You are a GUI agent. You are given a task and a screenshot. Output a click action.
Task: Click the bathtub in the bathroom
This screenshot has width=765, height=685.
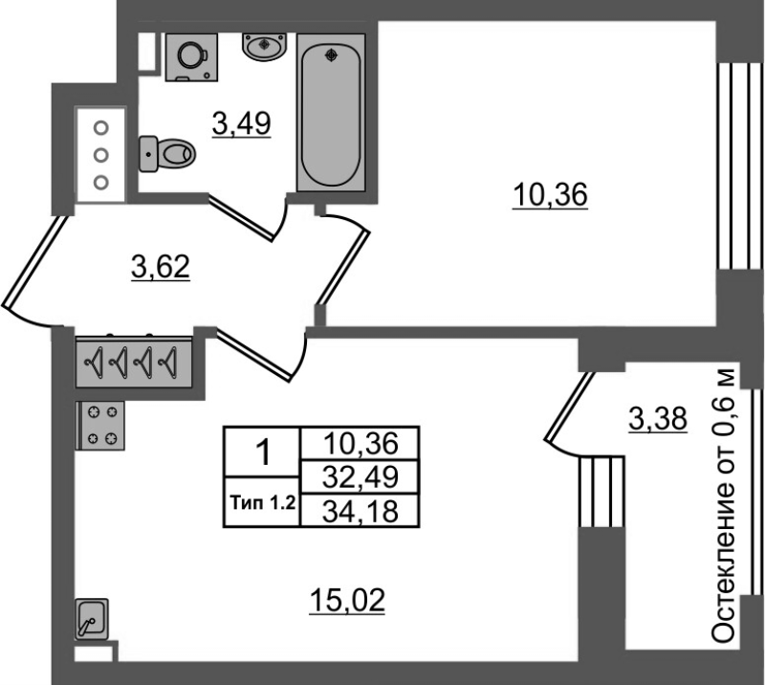pyautogui.click(x=331, y=112)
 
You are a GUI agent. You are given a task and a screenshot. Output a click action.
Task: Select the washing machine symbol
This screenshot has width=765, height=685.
pyautogui.click(x=191, y=56)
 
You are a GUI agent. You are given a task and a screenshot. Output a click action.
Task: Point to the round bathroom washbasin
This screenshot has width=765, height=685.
pyautogui.click(x=265, y=47)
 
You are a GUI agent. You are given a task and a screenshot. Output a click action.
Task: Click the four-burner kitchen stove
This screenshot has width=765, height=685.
pyautogui.click(x=100, y=426)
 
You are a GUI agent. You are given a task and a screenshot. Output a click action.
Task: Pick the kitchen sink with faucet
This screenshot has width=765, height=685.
pyautogui.click(x=91, y=619)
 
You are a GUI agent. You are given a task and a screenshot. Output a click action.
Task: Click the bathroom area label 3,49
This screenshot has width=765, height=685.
pyautogui.click(x=242, y=123)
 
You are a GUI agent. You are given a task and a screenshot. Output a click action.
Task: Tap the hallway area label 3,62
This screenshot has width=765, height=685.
pyautogui.click(x=161, y=267)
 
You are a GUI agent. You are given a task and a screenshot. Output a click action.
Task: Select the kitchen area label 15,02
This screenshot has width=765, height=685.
pyautogui.click(x=347, y=601)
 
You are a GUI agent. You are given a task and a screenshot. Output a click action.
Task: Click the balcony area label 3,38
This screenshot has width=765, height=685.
pyautogui.click(x=658, y=419)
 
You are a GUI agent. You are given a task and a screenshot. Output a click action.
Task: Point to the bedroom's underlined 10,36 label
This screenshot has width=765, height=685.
pyautogui.click(x=550, y=195)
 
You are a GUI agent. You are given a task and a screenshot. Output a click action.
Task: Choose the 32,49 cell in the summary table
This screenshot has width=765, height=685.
pyautogui.click(x=361, y=477)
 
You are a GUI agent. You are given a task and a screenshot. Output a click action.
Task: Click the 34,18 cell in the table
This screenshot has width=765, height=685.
pyautogui.click(x=361, y=511)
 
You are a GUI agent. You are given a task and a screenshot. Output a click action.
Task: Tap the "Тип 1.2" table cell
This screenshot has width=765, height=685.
pyautogui.click(x=262, y=502)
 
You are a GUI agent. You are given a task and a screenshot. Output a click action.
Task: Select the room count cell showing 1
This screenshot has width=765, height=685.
pyautogui.click(x=262, y=453)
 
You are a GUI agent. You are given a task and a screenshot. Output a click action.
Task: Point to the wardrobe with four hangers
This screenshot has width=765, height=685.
pyautogui.click(x=134, y=363)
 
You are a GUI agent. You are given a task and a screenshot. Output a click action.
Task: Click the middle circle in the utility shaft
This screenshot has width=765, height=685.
pyautogui.click(x=101, y=155)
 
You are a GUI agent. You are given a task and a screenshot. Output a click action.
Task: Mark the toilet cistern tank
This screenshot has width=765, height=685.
pyautogui.click(x=148, y=154)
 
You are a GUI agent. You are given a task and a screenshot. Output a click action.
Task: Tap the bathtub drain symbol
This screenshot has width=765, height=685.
pyautogui.click(x=332, y=56)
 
